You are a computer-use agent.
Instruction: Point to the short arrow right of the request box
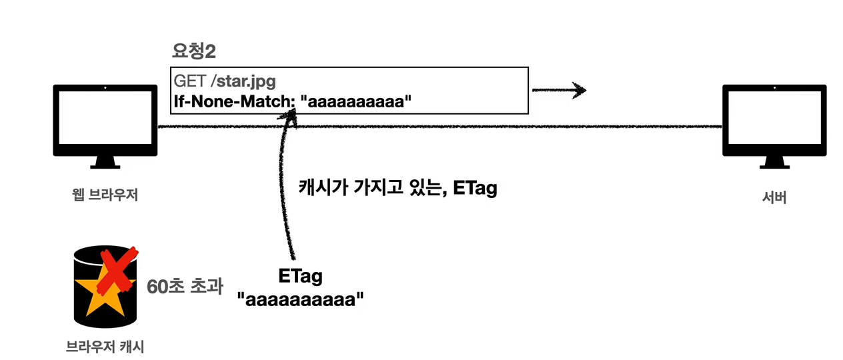[559, 90]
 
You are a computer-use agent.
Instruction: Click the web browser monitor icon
[105, 120]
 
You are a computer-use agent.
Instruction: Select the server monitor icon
[774, 120]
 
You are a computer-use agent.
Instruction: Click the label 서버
[774, 198]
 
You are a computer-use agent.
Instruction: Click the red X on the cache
[117, 271]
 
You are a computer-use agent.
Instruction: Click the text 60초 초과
[184, 288]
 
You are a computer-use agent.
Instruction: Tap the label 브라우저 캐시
[105, 346]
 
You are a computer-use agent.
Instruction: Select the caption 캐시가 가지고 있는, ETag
[398, 189]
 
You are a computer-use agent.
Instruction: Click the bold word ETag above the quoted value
[300, 276]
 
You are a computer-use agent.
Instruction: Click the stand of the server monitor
[774, 163]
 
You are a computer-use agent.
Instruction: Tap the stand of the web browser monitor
[105, 163]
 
